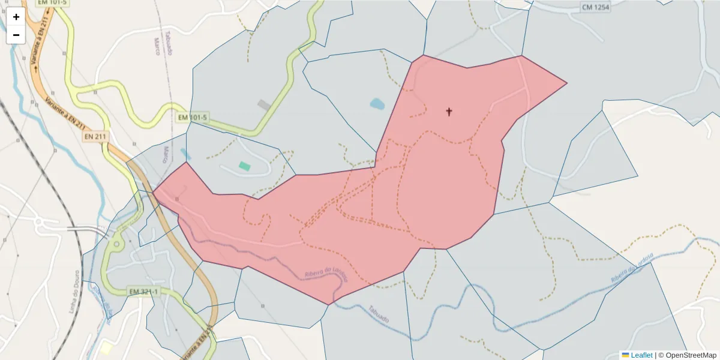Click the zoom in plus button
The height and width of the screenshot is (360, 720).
point(16,17)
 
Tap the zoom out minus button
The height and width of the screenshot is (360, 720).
point(16,35)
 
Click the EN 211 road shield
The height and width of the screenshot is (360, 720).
point(95,137)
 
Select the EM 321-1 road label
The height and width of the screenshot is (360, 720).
point(144,292)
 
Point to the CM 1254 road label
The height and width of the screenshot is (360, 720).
point(595,7)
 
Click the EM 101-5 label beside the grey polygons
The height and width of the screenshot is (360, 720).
point(192,117)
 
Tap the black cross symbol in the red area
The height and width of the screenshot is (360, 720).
point(449,111)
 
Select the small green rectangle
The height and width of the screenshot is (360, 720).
point(244,165)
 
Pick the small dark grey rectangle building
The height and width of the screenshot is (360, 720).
point(263,105)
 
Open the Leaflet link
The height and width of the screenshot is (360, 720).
point(641,355)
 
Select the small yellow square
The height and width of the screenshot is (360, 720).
point(106,349)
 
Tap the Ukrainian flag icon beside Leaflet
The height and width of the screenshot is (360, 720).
point(625,355)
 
